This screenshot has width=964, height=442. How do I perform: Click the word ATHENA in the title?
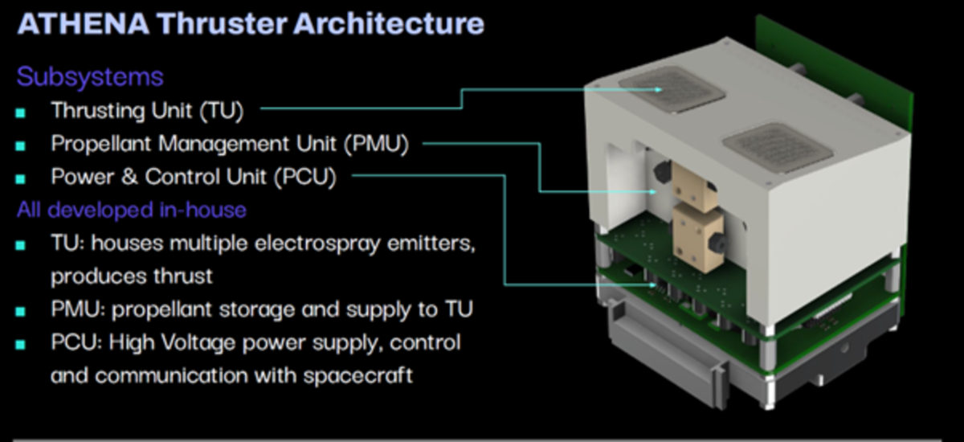point(82,23)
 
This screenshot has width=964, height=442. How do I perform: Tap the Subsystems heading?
point(90,77)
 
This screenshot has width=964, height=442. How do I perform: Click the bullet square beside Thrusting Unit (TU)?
point(21,113)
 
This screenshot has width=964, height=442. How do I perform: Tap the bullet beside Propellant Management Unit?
point(21,146)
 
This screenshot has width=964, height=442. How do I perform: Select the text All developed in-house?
point(131,211)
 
